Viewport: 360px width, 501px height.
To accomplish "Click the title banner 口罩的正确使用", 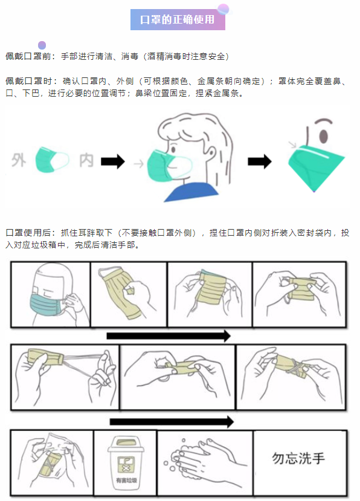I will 178,19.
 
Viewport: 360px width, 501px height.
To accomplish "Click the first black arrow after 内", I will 112,161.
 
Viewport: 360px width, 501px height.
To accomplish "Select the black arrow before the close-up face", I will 260,161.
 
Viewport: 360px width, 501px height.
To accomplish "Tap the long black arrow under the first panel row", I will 169,336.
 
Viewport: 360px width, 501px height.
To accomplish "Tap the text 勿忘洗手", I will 298,457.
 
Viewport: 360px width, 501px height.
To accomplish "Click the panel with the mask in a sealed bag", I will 53,462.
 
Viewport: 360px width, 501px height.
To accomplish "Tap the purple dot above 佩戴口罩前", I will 42,45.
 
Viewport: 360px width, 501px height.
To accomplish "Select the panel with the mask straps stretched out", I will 65,374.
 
